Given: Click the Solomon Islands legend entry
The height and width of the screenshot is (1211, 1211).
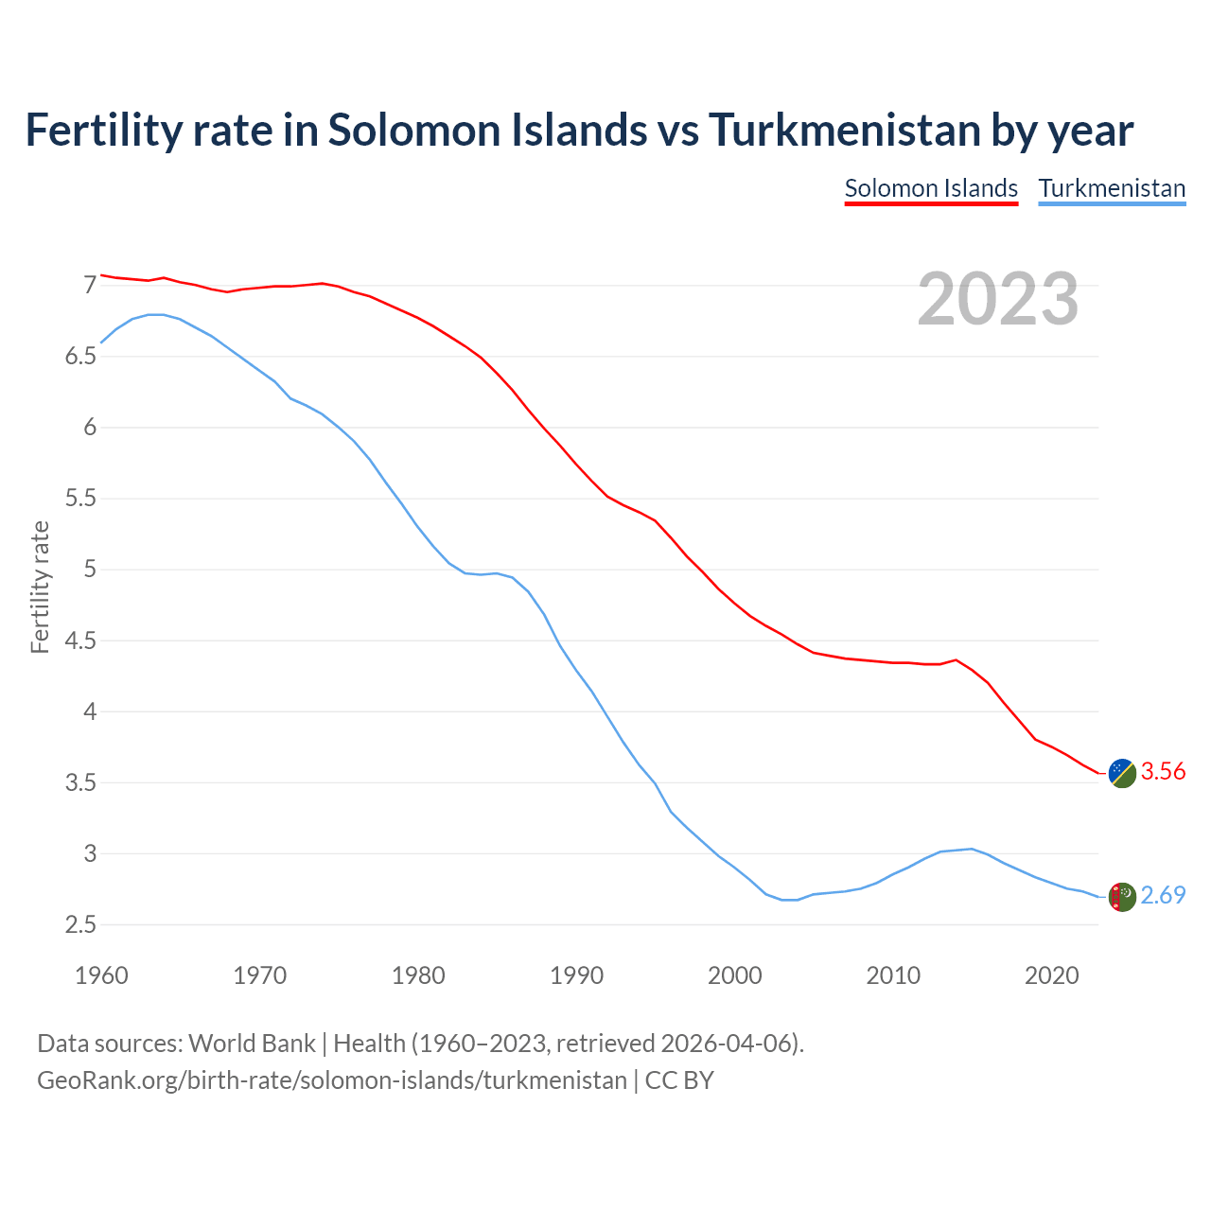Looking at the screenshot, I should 931,188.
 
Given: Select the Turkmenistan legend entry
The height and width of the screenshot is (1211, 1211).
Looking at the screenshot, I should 1112,188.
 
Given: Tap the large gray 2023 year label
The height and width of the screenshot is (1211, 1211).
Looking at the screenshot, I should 998,299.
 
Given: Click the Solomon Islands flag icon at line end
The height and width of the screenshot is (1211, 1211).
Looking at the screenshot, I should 1121,773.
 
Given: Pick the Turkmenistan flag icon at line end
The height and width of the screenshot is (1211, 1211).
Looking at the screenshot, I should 1121,897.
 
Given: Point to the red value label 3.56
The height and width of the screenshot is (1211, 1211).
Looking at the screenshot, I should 1163,772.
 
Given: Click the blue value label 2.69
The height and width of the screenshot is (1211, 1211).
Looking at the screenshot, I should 1163,896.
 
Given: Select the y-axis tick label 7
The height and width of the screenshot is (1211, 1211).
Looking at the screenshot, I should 90,285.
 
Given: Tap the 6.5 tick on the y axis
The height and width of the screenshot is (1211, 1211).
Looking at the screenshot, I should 80,357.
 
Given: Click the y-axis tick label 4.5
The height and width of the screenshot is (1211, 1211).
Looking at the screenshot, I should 80,641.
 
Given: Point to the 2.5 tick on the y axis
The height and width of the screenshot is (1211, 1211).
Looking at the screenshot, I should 80,925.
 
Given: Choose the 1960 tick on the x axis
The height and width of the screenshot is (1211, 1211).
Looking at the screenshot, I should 101,975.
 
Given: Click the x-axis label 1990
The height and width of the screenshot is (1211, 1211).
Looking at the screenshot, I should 576,975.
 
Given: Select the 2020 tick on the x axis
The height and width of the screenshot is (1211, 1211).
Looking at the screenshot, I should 1051,975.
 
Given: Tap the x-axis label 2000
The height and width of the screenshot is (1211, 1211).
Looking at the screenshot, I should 735,975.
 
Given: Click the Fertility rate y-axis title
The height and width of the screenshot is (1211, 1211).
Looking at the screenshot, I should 40,587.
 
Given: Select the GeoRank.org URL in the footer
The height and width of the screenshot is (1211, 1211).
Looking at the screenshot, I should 331,1080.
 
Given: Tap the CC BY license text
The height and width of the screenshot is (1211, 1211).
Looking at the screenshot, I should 679,1080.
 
